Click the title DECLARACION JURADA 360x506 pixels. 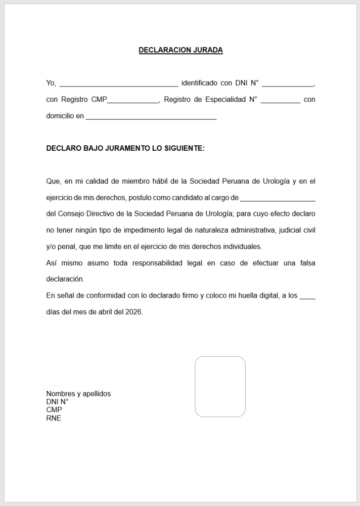pyautogui.click(x=180, y=50)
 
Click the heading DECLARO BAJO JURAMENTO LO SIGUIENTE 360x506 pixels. pyautogui.click(x=125, y=148)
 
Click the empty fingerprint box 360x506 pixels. pyautogui.click(x=220, y=386)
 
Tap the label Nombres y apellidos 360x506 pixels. pyautogui.click(x=79, y=394)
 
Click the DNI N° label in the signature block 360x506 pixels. pyautogui.click(x=57, y=402)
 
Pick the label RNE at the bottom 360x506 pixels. pyautogui.click(x=54, y=418)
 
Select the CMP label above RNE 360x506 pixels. pyautogui.click(x=54, y=410)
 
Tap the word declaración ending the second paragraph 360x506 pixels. pyautogui.click(x=65, y=279)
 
